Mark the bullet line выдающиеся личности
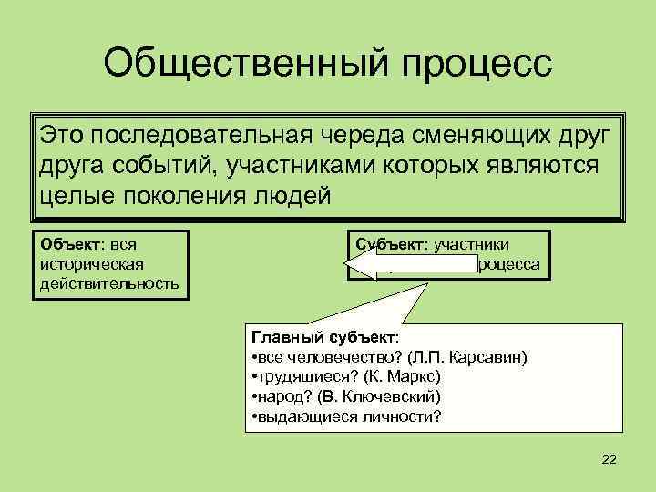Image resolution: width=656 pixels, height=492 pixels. (x=348, y=417)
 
